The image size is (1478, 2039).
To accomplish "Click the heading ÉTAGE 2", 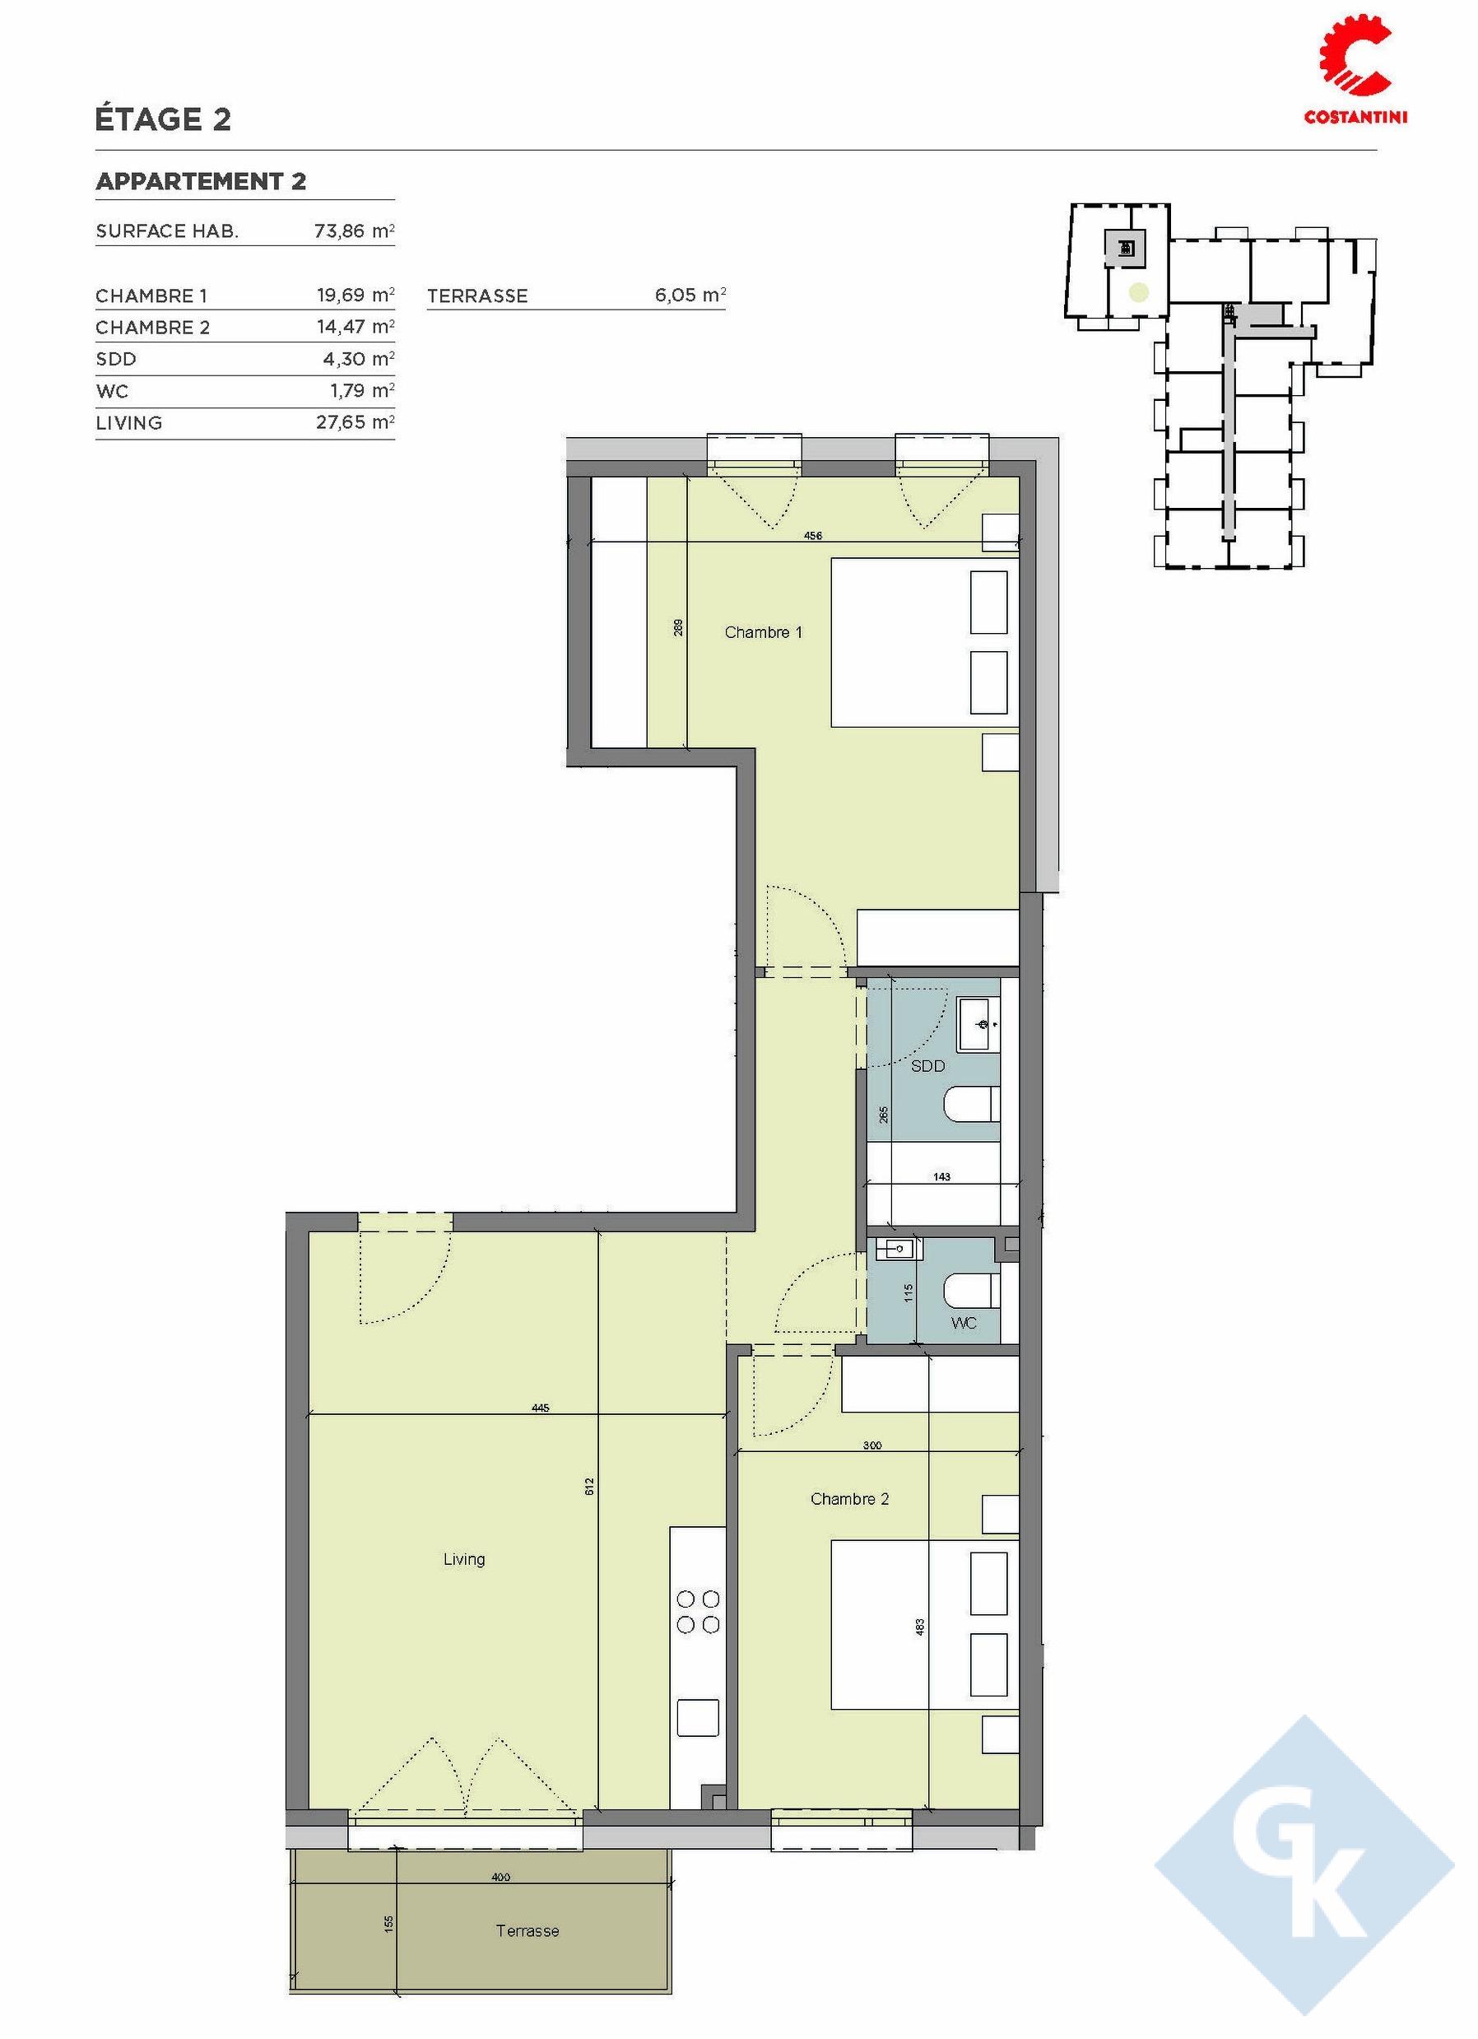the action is [164, 119].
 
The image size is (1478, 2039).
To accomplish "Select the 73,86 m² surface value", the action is [354, 231].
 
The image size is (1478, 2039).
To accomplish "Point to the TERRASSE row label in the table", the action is [477, 296].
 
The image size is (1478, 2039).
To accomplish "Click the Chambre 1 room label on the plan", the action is [763, 633].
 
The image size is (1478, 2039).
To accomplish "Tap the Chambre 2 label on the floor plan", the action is [849, 1499].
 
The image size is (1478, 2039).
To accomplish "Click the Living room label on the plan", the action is [464, 1559].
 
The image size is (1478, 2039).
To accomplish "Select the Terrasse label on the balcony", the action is [528, 1924].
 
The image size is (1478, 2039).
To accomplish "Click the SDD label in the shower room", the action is [927, 1066].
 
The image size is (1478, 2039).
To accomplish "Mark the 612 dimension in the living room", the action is [590, 1486].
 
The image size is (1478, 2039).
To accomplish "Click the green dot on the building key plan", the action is [1138, 291].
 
